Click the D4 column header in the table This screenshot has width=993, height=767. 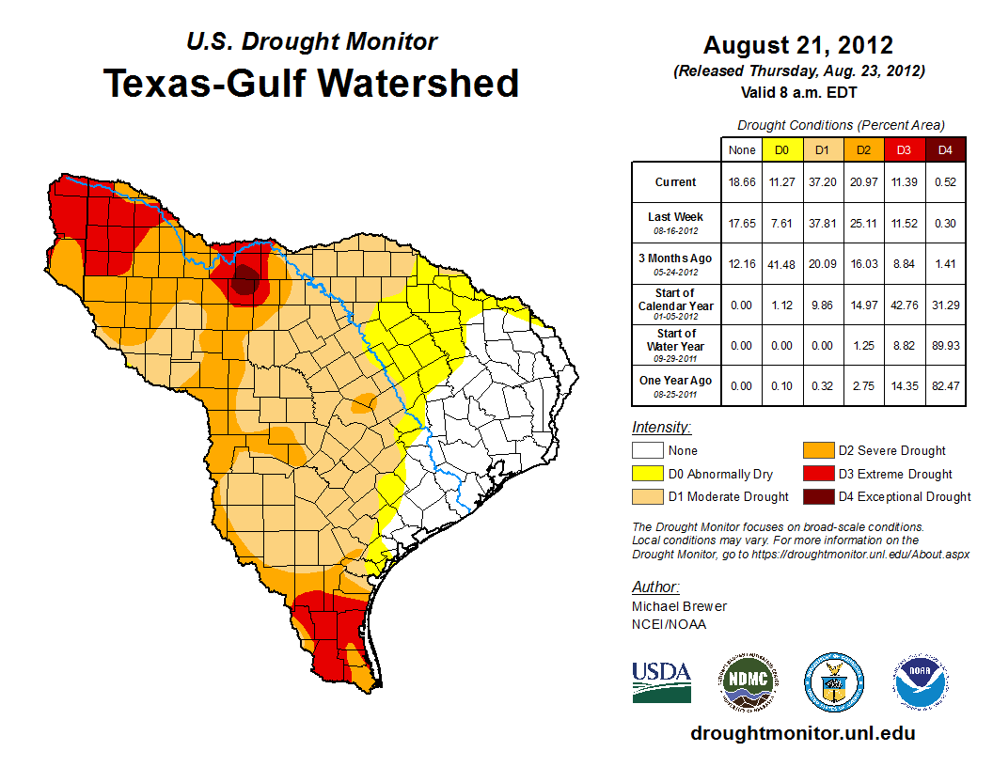point(945,149)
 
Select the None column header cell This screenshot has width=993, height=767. point(742,149)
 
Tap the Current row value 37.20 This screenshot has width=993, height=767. point(823,182)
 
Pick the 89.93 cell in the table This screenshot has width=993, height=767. point(945,346)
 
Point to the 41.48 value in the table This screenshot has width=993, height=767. point(782,264)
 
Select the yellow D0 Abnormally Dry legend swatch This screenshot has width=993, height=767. point(647,474)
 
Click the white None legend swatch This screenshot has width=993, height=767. point(647,451)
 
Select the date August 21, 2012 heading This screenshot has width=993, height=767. point(798,45)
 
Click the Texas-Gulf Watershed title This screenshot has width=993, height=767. point(311,83)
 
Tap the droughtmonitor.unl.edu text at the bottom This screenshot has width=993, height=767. point(802,734)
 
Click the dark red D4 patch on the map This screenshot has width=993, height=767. point(244,279)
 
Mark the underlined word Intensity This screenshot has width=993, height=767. point(661,428)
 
